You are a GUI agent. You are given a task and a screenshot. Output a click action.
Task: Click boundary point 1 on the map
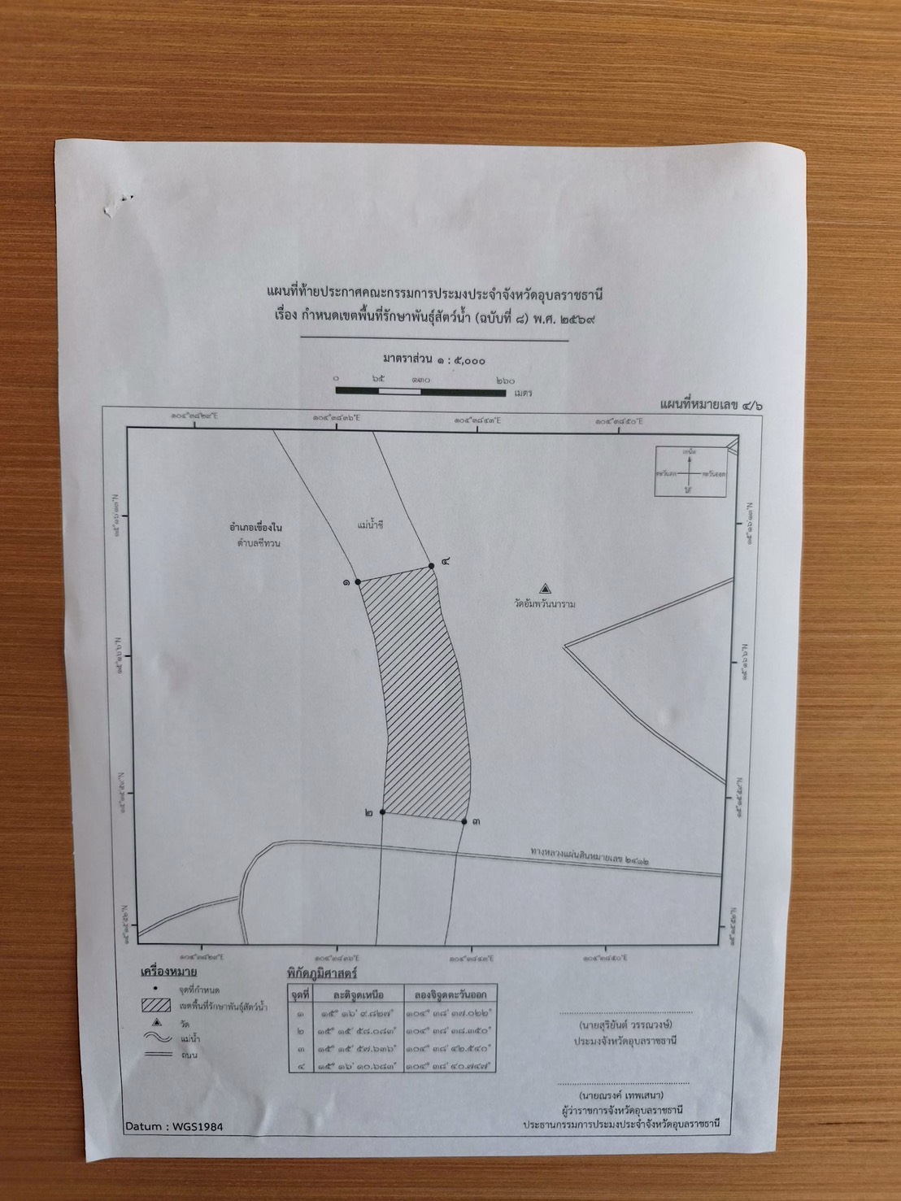point(358,582)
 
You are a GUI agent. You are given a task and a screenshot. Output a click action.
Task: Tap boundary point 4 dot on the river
point(431,566)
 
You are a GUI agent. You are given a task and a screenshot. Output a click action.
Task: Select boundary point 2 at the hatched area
point(381,812)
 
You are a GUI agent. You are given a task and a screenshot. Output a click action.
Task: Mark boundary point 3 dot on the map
point(464,822)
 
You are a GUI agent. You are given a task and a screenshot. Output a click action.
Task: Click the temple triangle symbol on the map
point(545,588)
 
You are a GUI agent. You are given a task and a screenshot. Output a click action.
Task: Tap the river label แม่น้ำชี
point(369,526)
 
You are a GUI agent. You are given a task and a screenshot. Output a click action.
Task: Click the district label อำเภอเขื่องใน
point(255,528)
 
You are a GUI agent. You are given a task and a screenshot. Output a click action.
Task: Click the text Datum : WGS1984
point(174,1127)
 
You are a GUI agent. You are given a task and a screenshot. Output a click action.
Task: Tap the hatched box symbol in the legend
point(155,1006)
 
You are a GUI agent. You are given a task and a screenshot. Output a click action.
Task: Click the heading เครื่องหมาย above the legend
point(168,971)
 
